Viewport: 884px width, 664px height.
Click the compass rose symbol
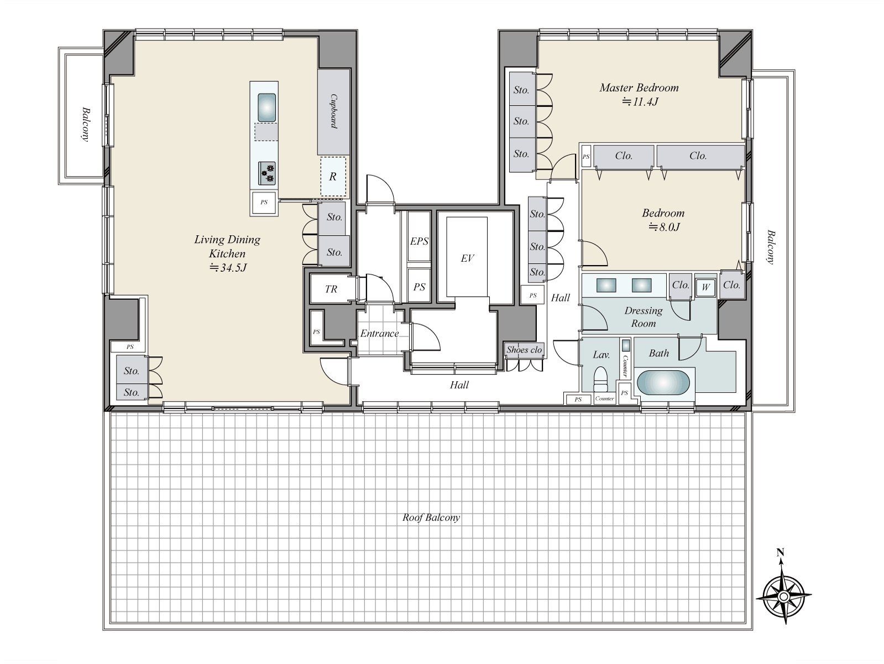tap(784, 595)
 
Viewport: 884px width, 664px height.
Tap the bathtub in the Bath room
tap(663, 382)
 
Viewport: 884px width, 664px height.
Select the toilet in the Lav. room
tap(600, 378)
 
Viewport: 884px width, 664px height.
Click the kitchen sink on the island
tap(266, 107)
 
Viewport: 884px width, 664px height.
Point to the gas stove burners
tap(266, 173)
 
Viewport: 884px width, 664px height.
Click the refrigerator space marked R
tap(333, 177)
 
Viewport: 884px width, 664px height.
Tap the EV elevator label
tap(467, 258)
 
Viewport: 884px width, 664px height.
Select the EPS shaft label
tap(419, 241)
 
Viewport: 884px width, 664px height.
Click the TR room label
tap(331, 289)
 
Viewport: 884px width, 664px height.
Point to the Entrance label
tap(379, 333)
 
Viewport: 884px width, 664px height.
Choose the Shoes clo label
tap(524, 350)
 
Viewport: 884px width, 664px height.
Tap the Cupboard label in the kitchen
tap(334, 111)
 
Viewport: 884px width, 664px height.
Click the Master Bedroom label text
tap(639, 87)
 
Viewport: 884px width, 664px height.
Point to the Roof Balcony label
tap(431, 517)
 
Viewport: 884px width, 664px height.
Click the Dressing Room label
tap(643, 317)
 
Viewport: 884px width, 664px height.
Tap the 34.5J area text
tap(228, 267)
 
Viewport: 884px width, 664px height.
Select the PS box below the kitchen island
tap(264, 203)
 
